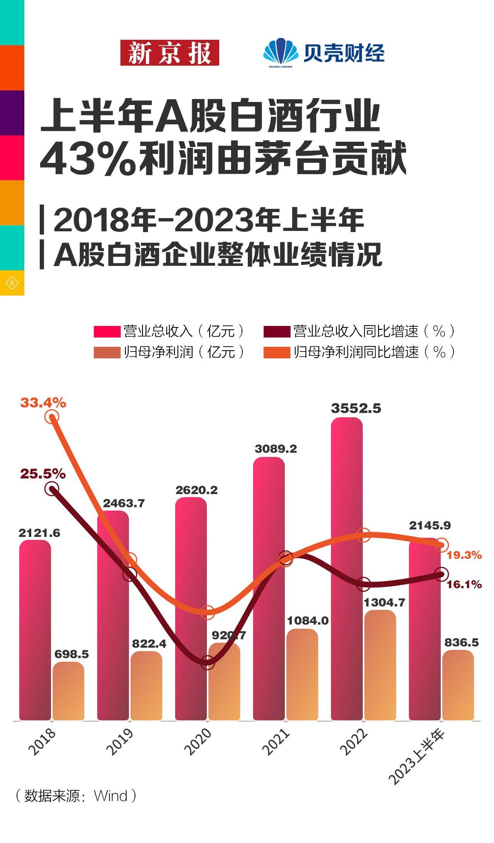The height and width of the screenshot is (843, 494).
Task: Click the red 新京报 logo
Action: [169, 53]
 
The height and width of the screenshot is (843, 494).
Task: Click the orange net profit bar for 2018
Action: [68, 691]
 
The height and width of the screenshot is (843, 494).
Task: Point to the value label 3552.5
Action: [356, 409]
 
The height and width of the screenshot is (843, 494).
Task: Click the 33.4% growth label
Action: [43, 403]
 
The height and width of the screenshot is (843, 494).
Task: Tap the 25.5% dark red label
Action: [43, 474]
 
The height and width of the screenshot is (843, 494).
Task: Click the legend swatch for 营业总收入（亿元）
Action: [107, 331]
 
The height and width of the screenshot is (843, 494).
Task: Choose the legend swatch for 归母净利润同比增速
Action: [277, 353]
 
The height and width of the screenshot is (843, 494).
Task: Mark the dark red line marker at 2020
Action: [208, 662]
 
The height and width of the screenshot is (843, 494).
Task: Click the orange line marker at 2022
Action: [363, 535]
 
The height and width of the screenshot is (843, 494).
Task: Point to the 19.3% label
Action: [464, 555]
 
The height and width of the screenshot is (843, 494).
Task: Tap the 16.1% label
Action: [464, 585]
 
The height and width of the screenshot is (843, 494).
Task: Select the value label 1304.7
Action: [384, 602]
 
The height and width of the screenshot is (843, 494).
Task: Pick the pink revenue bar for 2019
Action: [113, 618]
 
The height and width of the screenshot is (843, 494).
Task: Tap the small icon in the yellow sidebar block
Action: [12, 283]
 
